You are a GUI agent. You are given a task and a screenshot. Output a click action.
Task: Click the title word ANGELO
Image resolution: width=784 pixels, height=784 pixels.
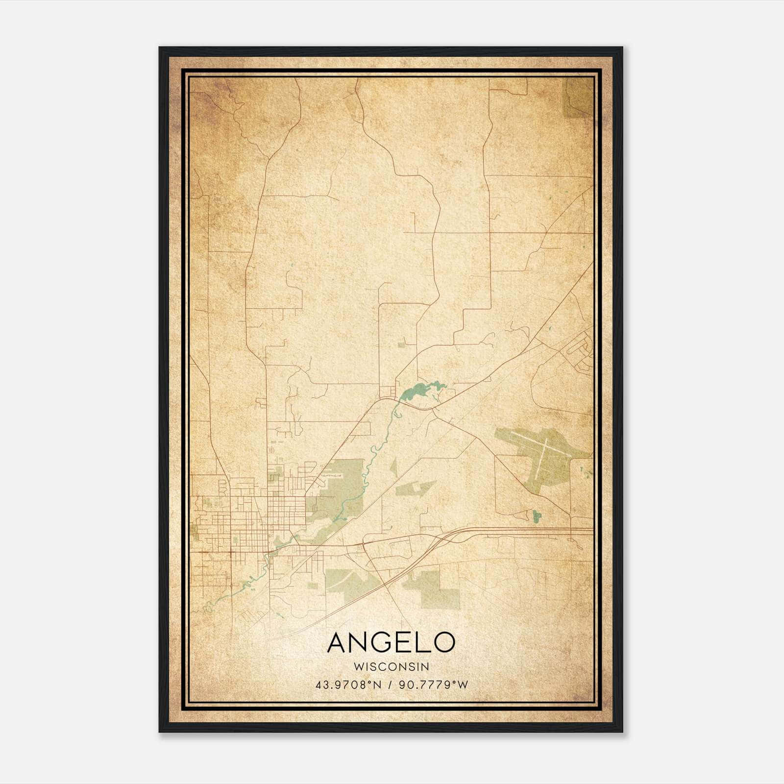pos(391,642)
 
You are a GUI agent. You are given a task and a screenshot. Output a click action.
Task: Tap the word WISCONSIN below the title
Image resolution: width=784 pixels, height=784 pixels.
pos(391,667)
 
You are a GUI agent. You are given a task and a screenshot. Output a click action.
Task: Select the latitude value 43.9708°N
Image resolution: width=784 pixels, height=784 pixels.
pos(348,685)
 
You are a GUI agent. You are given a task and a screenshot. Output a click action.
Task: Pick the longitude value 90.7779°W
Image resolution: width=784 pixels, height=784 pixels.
pos(433,685)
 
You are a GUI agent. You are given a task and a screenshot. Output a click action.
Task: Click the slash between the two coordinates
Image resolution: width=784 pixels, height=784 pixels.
pos(390,685)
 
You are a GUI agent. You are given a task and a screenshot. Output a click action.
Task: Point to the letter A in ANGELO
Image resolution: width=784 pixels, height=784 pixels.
pos(340,642)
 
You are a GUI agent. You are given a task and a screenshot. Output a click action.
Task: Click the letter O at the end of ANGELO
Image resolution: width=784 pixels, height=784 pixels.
pos(443,642)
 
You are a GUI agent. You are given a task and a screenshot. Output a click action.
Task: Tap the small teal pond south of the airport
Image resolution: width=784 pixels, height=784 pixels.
pos(536,515)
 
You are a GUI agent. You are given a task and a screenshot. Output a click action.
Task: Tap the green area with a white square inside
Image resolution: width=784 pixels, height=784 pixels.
pos(414,487)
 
